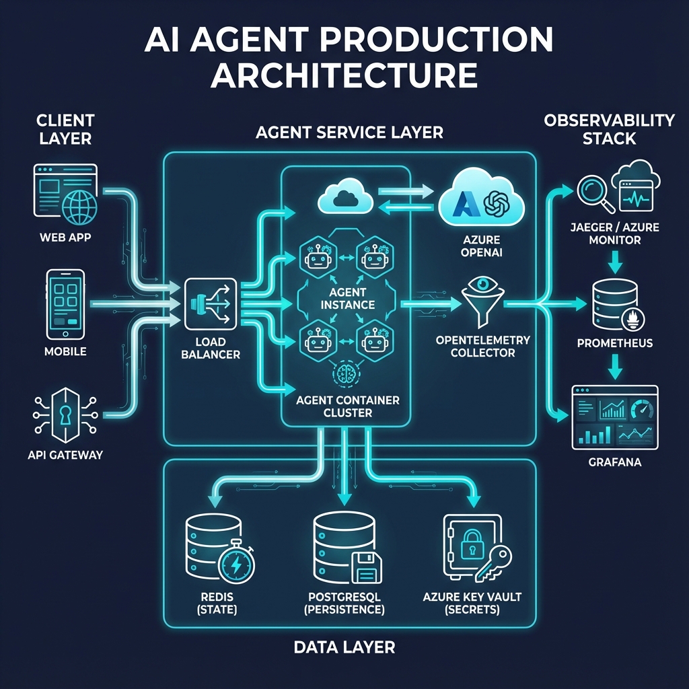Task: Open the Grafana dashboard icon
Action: [x=614, y=417]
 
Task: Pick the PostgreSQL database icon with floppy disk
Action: [x=345, y=548]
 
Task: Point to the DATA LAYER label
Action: [x=344, y=648]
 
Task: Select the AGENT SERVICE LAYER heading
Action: [x=349, y=133]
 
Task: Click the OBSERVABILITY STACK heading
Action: [x=609, y=129]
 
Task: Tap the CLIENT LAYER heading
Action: [x=65, y=129]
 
